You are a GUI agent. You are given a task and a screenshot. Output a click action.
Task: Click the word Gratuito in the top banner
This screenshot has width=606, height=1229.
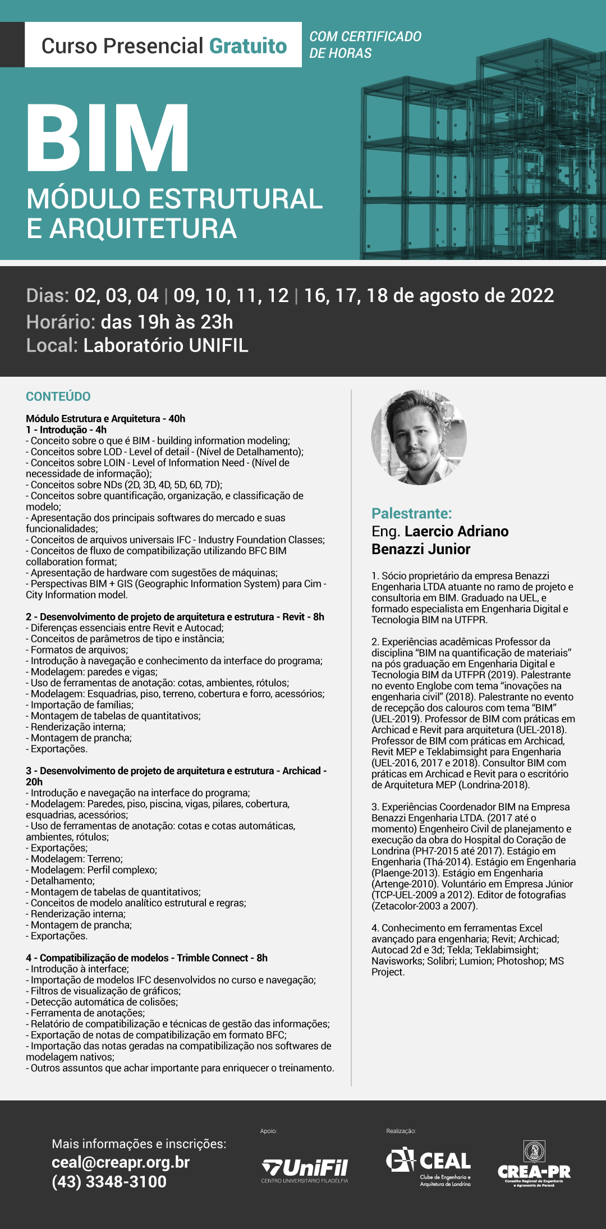pos(248,46)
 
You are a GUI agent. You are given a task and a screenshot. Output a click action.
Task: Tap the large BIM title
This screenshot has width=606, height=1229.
pos(108,138)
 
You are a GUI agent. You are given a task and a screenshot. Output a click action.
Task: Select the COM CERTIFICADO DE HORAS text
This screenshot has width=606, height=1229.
pos(365,45)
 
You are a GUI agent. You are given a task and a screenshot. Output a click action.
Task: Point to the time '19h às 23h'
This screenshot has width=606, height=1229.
pos(167,322)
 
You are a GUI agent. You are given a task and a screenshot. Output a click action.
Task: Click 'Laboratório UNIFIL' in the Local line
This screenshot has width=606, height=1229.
pos(166,345)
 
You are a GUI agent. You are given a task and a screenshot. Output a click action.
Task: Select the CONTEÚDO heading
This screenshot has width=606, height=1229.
pos(58,396)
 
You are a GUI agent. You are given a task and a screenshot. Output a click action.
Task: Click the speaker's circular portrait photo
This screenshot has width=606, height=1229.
pos(419,437)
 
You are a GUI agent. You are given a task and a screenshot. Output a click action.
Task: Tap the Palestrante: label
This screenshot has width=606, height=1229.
pos(411,513)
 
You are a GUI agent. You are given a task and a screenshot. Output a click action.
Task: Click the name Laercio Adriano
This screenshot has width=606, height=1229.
pos(456,531)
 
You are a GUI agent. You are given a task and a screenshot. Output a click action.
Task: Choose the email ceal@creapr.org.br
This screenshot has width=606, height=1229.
pos(121,1162)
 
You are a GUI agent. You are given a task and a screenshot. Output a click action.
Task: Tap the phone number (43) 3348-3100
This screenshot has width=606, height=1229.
pos(109,1181)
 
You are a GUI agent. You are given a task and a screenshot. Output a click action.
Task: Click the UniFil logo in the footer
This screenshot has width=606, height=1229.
pos(305,1170)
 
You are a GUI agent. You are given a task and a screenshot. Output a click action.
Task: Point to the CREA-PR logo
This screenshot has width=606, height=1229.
pos(534,1165)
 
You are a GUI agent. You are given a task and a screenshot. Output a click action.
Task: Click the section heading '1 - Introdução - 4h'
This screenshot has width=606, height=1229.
pos(66,430)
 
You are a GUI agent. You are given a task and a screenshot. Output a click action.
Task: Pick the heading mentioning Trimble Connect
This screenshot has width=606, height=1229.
pos(146,958)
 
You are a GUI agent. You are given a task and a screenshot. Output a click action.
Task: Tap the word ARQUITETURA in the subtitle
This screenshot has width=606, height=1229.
pos(143,229)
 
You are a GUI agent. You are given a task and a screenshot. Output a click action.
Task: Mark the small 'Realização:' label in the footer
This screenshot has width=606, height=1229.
pos(401,1131)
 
